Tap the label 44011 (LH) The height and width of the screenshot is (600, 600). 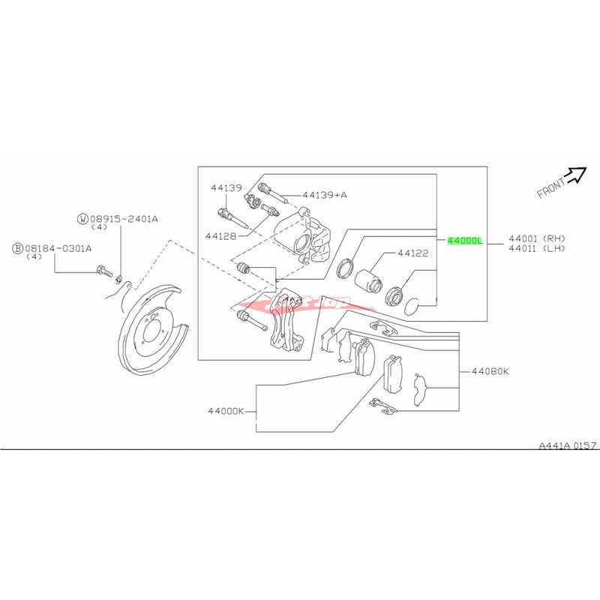[x=535, y=248]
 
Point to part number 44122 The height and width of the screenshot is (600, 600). [x=412, y=253]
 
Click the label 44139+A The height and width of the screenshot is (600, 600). [x=325, y=194]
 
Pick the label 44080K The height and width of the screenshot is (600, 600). [x=490, y=370]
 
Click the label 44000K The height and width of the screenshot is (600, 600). [x=228, y=411]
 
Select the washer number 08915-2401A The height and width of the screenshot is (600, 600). [x=124, y=219]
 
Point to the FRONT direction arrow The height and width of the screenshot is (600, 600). [x=576, y=174]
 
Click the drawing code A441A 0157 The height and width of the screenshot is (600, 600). [x=567, y=445]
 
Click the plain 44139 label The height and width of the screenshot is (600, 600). [x=225, y=188]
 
